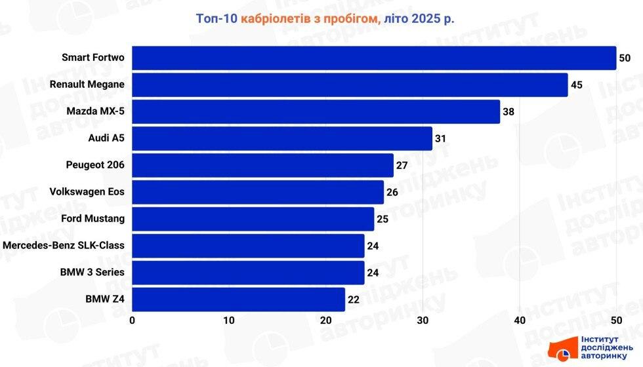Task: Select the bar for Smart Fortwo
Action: pos(374,58)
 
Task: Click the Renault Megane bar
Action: pos(350,85)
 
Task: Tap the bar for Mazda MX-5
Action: pos(316,111)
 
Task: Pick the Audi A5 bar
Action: pos(282,138)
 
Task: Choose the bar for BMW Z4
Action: pos(238,299)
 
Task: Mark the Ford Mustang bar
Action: pos(253,219)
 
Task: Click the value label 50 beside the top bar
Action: pos(624,58)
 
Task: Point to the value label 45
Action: pos(576,85)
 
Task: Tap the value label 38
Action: pos(508,112)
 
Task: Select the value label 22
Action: pos(354,300)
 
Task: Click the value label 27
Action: pos(402,166)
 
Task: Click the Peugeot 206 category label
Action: pos(95,165)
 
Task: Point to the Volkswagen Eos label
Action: pos(87,192)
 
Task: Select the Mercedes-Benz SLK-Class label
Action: pos(64,246)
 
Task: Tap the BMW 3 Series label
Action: pos(91,273)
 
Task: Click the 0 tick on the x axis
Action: pos(133,320)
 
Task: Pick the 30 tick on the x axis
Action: pos(423,320)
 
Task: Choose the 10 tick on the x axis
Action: pos(229,320)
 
